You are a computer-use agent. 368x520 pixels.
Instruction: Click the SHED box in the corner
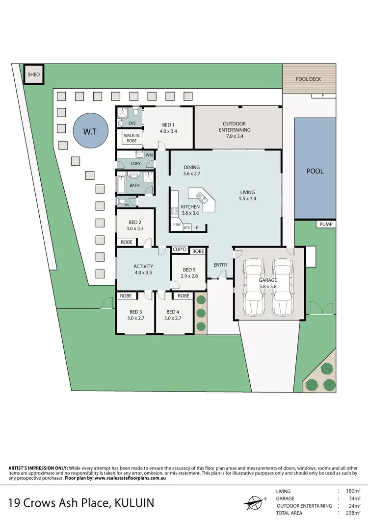[x=34, y=75]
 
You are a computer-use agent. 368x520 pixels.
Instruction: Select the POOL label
[x=315, y=172]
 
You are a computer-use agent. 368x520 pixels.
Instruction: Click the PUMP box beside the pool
[x=326, y=224]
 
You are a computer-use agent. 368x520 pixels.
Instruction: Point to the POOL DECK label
[x=308, y=79]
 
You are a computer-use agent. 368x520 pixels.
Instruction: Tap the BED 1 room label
[x=168, y=125]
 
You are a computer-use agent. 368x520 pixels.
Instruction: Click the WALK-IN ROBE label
[x=131, y=138]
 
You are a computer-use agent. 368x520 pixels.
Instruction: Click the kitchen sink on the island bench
[x=202, y=197]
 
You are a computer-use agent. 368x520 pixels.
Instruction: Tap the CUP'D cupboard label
[x=179, y=250]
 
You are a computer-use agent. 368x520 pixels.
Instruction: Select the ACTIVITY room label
[x=143, y=267]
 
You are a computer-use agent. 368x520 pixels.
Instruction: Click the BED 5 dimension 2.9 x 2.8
[x=189, y=276]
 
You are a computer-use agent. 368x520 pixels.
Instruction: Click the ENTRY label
[x=220, y=265]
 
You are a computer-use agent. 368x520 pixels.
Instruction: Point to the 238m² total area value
[x=352, y=513]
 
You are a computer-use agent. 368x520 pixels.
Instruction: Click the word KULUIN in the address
[x=133, y=502]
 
